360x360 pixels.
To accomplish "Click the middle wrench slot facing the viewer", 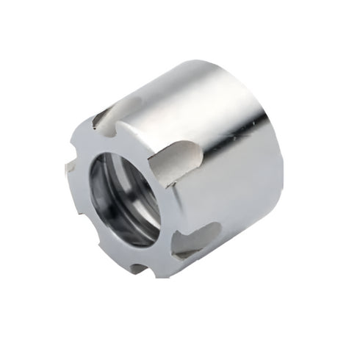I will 176,162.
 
